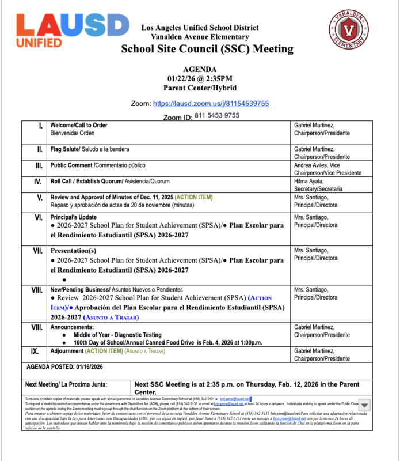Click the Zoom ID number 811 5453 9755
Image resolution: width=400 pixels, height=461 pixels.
click(x=217, y=115)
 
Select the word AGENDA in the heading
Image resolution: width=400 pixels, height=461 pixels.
click(x=199, y=69)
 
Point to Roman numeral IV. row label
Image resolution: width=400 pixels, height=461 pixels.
click(x=38, y=182)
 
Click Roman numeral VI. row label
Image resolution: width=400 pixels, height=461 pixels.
click(x=38, y=218)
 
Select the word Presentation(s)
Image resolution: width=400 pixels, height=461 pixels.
click(x=73, y=251)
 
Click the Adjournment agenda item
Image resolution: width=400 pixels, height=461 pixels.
click(x=67, y=350)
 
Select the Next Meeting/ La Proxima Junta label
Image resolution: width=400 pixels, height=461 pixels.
click(x=69, y=384)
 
